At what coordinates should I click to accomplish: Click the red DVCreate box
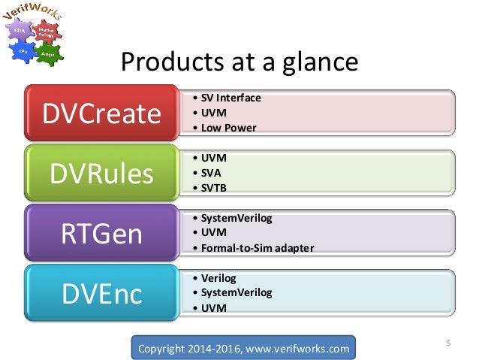tap(102, 114)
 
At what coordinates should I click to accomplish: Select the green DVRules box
tap(102, 174)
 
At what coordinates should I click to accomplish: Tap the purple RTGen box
tap(102, 233)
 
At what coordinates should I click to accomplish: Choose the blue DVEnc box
tap(102, 292)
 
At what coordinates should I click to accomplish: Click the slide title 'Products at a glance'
tap(239, 62)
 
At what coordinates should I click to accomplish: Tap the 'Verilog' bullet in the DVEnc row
tap(218, 277)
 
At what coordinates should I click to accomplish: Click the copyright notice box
tap(243, 349)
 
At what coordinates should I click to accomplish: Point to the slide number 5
tap(448, 343)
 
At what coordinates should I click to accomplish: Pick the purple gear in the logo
tap(20, 31)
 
